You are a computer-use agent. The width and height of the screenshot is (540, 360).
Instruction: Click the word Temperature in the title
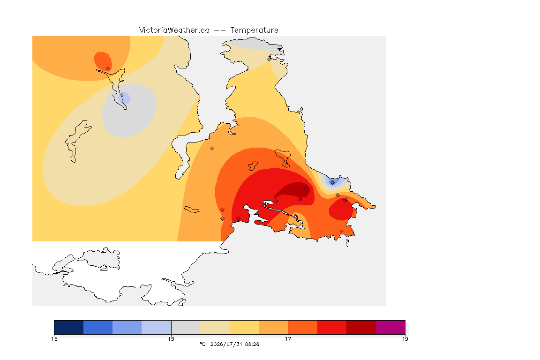(254, 30)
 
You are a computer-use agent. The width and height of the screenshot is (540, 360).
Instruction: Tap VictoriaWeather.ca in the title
(174, 30)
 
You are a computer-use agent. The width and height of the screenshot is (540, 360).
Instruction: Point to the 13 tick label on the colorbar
(54, 339)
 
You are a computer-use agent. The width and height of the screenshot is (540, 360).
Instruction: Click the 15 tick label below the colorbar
(171, 339)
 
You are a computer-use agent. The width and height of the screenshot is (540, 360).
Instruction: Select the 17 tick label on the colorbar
(288, 339)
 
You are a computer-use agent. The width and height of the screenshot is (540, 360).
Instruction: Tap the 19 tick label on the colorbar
(405, 339)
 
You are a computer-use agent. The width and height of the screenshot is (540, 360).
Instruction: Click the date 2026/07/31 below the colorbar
(226, 344)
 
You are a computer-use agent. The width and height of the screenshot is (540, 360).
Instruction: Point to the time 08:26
(252, 344)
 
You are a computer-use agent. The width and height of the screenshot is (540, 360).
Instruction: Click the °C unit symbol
(202, 344)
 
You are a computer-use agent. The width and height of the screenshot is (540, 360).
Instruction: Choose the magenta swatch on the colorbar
(390, 327)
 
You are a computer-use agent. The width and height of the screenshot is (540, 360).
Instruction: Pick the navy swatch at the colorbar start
(69, 327)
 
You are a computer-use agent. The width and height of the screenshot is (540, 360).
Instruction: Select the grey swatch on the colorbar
(186, 327)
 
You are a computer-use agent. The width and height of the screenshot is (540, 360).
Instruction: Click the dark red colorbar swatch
(361, 327)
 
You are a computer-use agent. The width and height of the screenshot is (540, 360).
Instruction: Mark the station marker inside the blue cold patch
(332, 183)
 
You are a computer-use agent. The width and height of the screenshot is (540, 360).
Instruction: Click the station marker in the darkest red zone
(306, 189)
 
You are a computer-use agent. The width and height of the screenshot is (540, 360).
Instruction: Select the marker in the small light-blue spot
(122, 95)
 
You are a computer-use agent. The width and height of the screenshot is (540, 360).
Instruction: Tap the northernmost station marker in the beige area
(270, 59)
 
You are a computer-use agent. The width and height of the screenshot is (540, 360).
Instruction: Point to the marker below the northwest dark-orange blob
(108, 69)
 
